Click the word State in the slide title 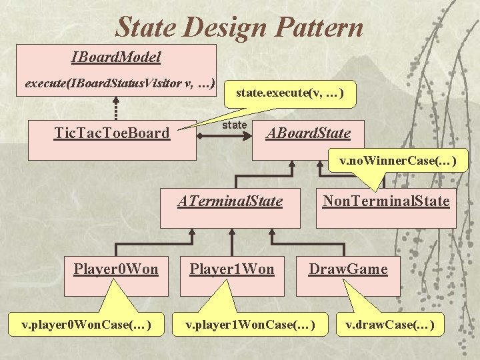tap(146, 27)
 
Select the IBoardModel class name tap(116, 57)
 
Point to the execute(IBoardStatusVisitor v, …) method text tap(120, 83)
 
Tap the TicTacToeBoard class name tap(112, 133)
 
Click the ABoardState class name tap(308, 133)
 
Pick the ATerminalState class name tap(230, 201)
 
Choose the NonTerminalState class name tap(386, 201)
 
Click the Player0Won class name tap(116, 269)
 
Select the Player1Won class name tap(232, 269)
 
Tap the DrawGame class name tap(349, 269)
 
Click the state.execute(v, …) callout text tap(290, 93)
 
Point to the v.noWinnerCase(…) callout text tap(398, 161)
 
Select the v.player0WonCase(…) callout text tap(86, 325)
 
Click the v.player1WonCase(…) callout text tap(250, 325)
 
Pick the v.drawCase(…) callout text tap(390, 325)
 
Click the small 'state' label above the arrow tap(235, 125)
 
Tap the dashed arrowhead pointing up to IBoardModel tap(116, 100)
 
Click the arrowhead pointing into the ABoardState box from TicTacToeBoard tap(247, 136)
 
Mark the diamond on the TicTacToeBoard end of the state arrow tap(200, 136)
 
